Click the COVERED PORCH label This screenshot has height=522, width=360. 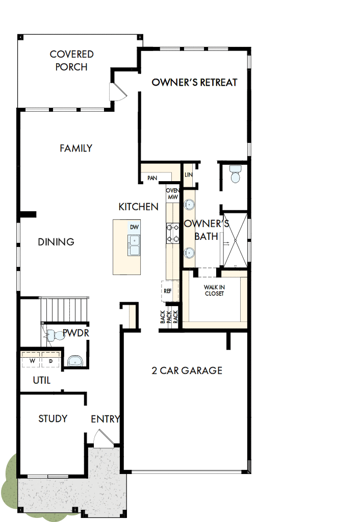coord(71,60)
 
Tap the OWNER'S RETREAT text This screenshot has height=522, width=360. coord(194,82)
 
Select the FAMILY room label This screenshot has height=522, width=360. coord(76,148)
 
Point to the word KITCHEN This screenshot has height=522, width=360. coord(138,207)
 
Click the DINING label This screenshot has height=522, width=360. coord(56,242)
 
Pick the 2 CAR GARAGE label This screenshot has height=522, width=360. coord(187,370)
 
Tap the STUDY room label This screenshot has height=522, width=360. coord(53,418)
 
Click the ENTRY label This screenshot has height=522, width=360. coord(105,419)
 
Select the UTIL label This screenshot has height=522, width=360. coord(42,380)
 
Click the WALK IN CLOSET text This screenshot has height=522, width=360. coord(214,290)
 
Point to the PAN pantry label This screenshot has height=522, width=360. coord(152,178)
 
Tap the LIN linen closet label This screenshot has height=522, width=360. coord(188,175)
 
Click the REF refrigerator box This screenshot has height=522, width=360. coord(168,291)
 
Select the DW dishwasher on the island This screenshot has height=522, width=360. coord(134,227)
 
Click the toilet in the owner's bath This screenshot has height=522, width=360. coord(235,174)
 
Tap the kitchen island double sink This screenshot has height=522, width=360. coord(134,245)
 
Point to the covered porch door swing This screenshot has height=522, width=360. coord(117,92)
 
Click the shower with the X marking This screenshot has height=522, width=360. coord(235,239)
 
